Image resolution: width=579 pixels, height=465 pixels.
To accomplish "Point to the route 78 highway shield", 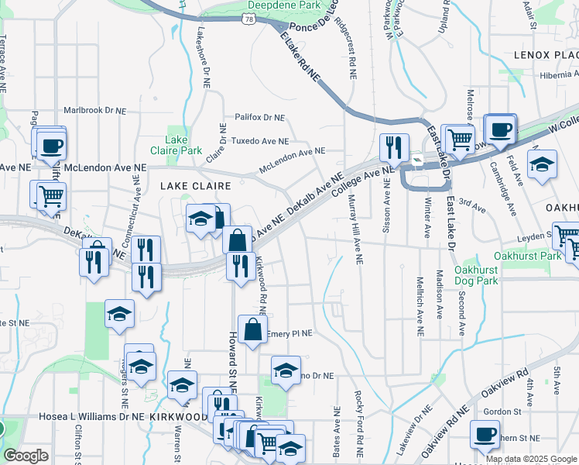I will click(249, 18).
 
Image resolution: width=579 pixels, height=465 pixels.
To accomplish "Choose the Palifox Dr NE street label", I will click(260, 118).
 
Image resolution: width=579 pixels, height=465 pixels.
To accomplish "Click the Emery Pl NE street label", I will click(289, 334).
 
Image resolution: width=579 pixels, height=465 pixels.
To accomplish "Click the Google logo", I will click(26, 456).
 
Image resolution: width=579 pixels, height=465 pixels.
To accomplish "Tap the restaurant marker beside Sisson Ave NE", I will click(394, 147).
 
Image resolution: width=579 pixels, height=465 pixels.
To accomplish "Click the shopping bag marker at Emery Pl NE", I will click(252, 329).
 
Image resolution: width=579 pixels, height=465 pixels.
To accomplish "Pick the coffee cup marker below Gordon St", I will click(485, 434).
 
